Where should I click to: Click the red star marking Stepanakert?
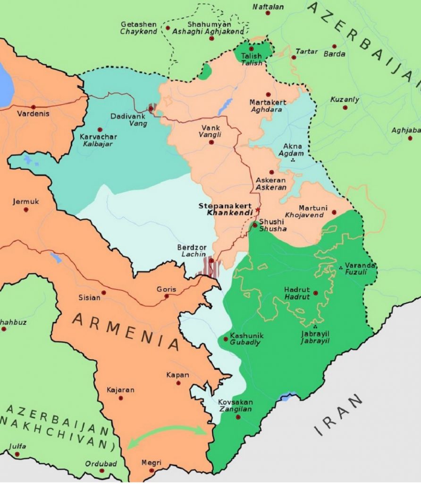[258, 209]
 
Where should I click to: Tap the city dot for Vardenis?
[33, 107]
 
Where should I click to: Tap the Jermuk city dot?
[26, 209]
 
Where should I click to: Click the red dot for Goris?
[167, 296]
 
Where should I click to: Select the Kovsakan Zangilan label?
[235, 406]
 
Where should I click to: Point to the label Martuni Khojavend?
[311, 212]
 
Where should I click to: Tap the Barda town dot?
[334, 46]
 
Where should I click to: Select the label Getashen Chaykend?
[138, 28]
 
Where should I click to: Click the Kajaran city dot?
[121, 398]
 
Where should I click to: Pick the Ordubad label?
[101, 464]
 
